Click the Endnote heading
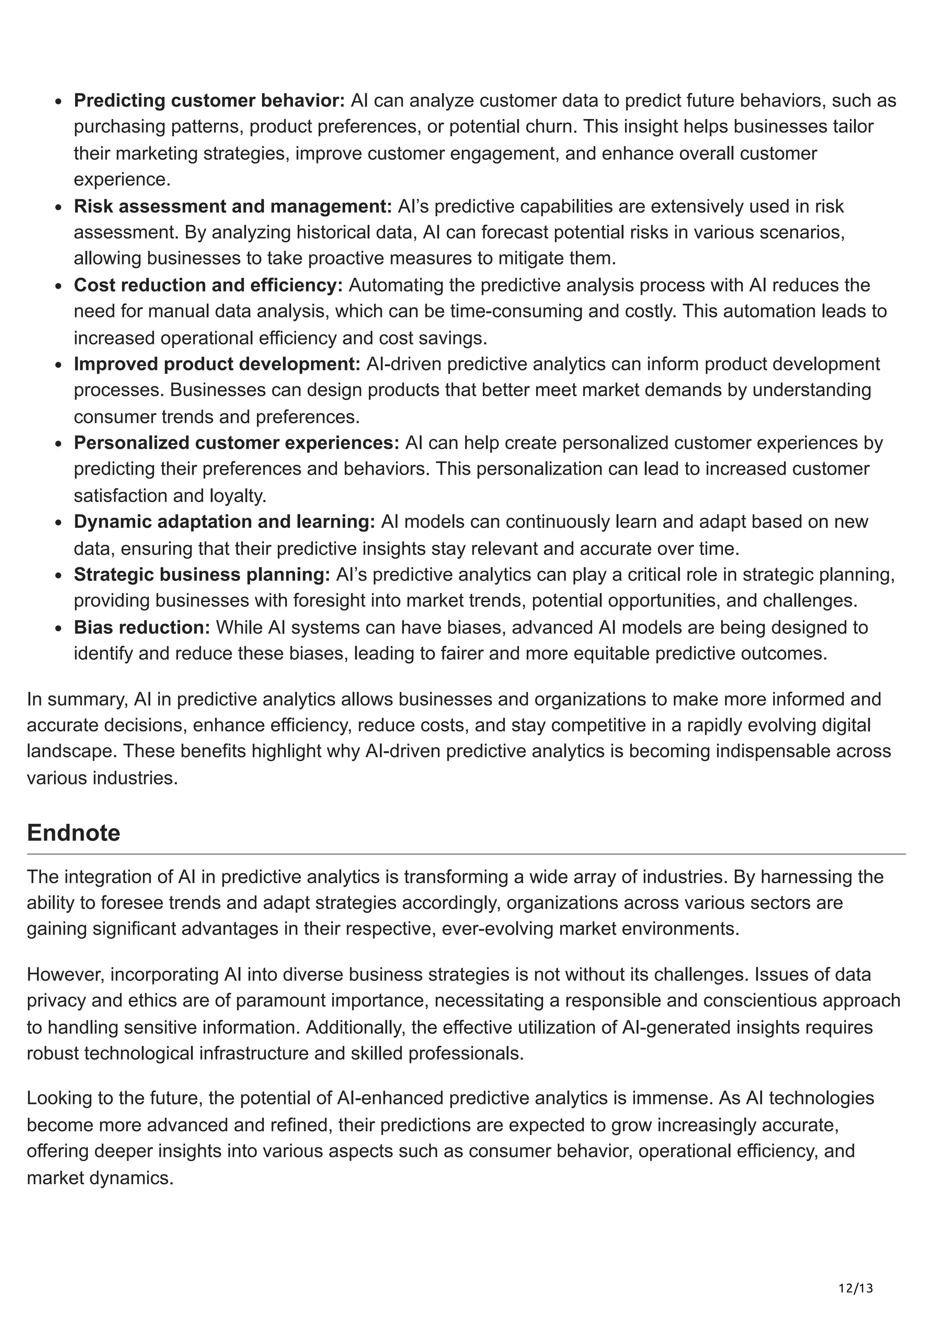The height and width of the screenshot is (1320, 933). tap(74, 833)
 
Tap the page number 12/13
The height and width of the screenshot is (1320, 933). tap(856, 1272)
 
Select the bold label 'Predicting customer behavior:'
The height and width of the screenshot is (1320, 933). tap(209, 101)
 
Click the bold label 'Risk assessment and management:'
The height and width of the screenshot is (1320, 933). tap(233, 206)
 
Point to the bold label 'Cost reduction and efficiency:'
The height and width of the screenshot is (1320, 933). tap(208, 285)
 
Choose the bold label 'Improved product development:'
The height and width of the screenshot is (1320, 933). tap(217, 364)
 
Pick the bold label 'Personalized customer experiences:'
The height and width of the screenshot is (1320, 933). tap(236, 443)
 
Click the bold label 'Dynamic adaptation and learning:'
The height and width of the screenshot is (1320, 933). tap(224, 522)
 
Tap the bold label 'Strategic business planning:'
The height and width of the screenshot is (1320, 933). tap(202, 574)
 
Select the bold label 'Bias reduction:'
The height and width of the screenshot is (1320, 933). tap(142, 627)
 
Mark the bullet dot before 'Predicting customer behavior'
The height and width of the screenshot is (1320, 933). tap(59, 102)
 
